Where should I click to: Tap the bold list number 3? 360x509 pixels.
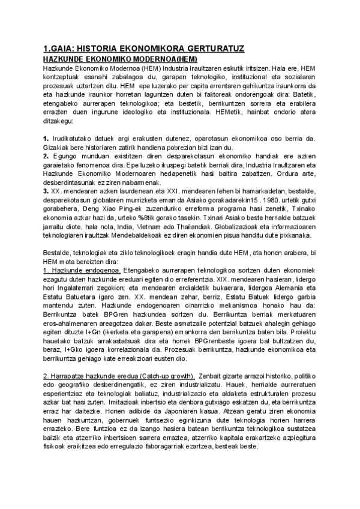46,190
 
